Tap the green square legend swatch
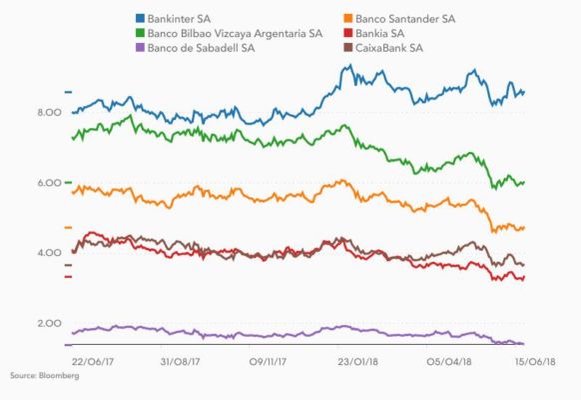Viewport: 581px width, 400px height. pyautogui.click(x=139, y=33)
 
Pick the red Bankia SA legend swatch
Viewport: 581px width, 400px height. pyautogui.click(x=346, y=33)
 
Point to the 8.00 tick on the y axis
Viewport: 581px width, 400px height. pyautogui.click(x=49, y=113)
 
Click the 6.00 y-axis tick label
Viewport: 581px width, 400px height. pyautogui.click(x=49, y=183)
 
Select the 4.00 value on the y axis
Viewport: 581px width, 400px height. pyautogui.click(x=49, y=253)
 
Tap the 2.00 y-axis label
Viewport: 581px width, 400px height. pyautogui.click(x=49, y=324)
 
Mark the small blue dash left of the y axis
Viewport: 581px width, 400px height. pyautogui.click(x=69, y=91)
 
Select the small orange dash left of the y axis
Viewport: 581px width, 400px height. pyautogui.click(x=69, y=228)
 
